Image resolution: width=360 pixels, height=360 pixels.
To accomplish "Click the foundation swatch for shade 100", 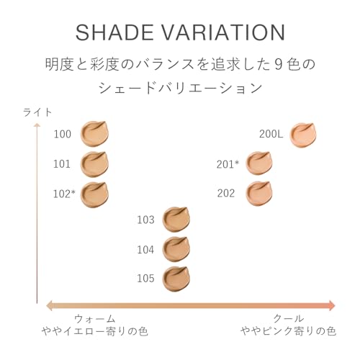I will [94, 133].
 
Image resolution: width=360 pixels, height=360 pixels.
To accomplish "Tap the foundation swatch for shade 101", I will [94, 163].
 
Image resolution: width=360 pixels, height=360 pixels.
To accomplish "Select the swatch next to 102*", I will [94, 194].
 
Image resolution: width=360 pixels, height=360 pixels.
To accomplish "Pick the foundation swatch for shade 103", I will [176, 219].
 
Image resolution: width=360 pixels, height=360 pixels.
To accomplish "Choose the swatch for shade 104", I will [176, 249].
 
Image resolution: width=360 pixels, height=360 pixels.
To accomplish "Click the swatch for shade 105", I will [176, 278].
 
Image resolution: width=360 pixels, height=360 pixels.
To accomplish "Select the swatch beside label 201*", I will [259, 163].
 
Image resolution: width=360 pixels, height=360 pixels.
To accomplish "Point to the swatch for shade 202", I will [259, 193].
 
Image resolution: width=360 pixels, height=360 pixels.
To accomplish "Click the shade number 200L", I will [272, 134].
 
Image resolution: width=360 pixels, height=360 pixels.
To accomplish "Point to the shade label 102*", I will [64, 194].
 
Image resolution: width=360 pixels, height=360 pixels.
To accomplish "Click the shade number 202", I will [226, 193].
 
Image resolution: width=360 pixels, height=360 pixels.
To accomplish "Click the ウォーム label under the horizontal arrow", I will [95, 318].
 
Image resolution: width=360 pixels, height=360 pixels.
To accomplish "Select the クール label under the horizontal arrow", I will [288, 318].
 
